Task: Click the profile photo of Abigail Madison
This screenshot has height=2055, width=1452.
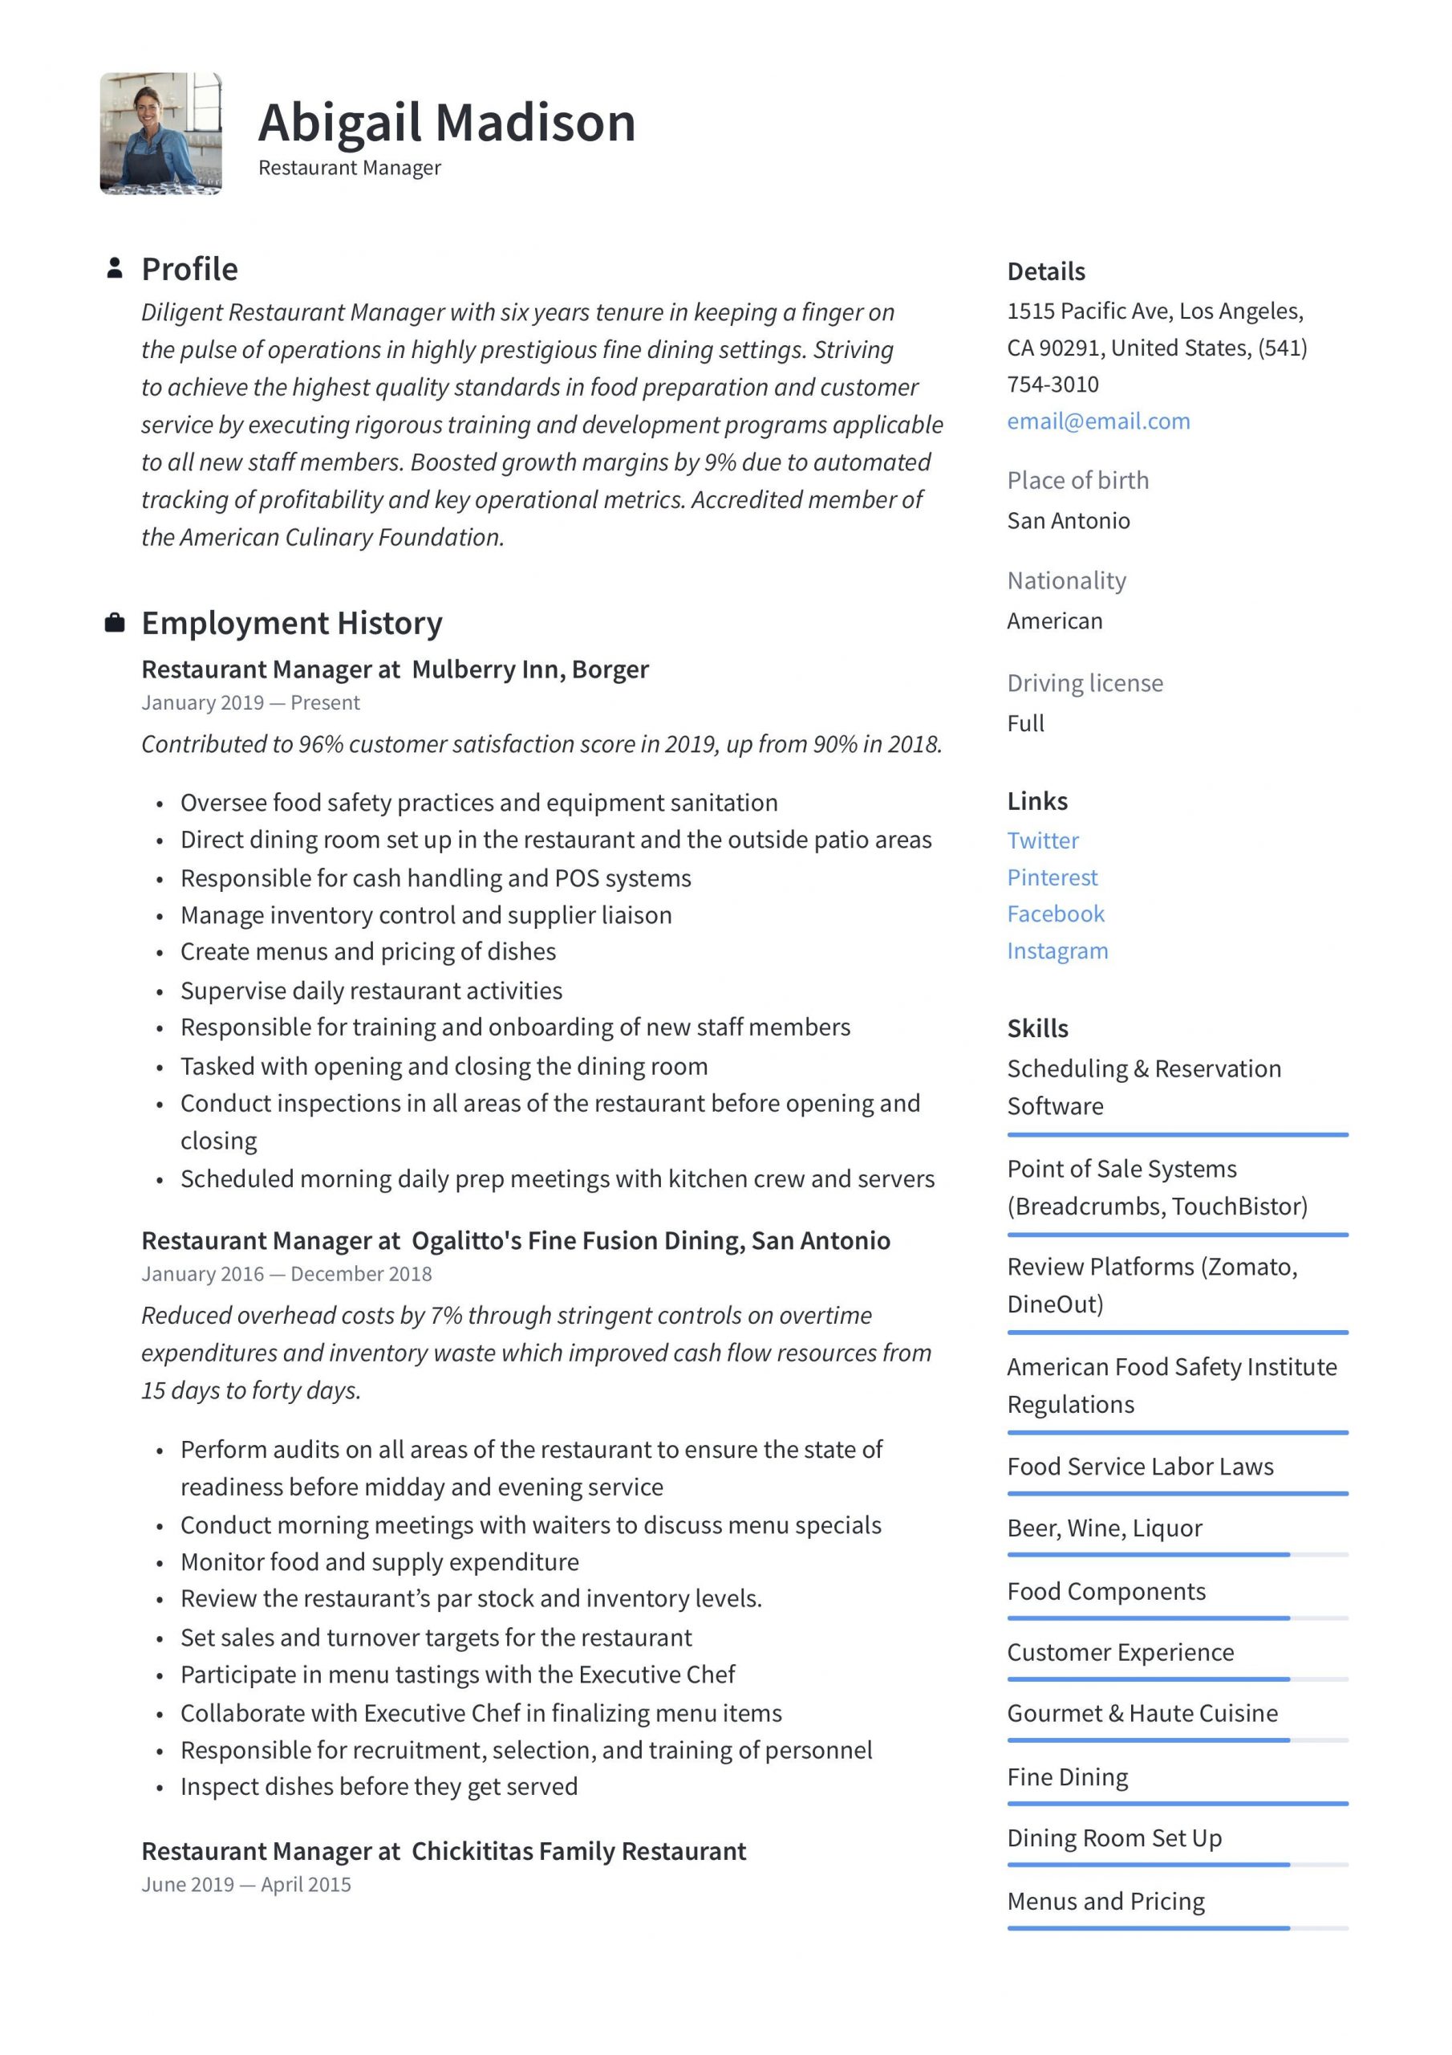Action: pos(160,133)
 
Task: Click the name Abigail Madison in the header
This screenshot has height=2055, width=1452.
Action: pos(446,123)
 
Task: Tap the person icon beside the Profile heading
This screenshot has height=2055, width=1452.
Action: pos(115,268)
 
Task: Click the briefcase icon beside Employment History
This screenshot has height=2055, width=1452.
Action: pos(115,623)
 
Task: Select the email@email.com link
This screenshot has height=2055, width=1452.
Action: pos(1097,421)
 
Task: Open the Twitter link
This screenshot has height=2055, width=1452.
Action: pos(1042,840)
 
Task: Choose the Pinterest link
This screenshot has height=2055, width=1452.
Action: pos(1052,877)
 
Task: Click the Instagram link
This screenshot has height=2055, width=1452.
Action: pos(1057,950)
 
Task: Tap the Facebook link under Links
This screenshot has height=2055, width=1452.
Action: pos(1056,914)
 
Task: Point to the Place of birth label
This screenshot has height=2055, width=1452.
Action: pos(1077,481)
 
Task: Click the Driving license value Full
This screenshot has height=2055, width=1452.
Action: pos(1025,723)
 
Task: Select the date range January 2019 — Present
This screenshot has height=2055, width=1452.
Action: pos(250,702)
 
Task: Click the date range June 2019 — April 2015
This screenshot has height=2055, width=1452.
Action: pos(246,1884)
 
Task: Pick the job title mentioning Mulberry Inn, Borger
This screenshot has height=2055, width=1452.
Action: pos(395,669)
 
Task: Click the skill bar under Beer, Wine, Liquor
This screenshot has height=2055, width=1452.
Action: pos(1177,1555)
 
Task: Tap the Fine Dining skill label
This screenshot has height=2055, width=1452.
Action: pos(1066,1776)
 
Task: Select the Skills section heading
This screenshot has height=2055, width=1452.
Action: pos(1037,1028)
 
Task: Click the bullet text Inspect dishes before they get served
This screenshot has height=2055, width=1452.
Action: pos(379,1787)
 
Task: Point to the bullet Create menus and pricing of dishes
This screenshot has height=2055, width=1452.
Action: pos(367,951)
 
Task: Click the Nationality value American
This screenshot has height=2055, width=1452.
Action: pos(1054,621)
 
